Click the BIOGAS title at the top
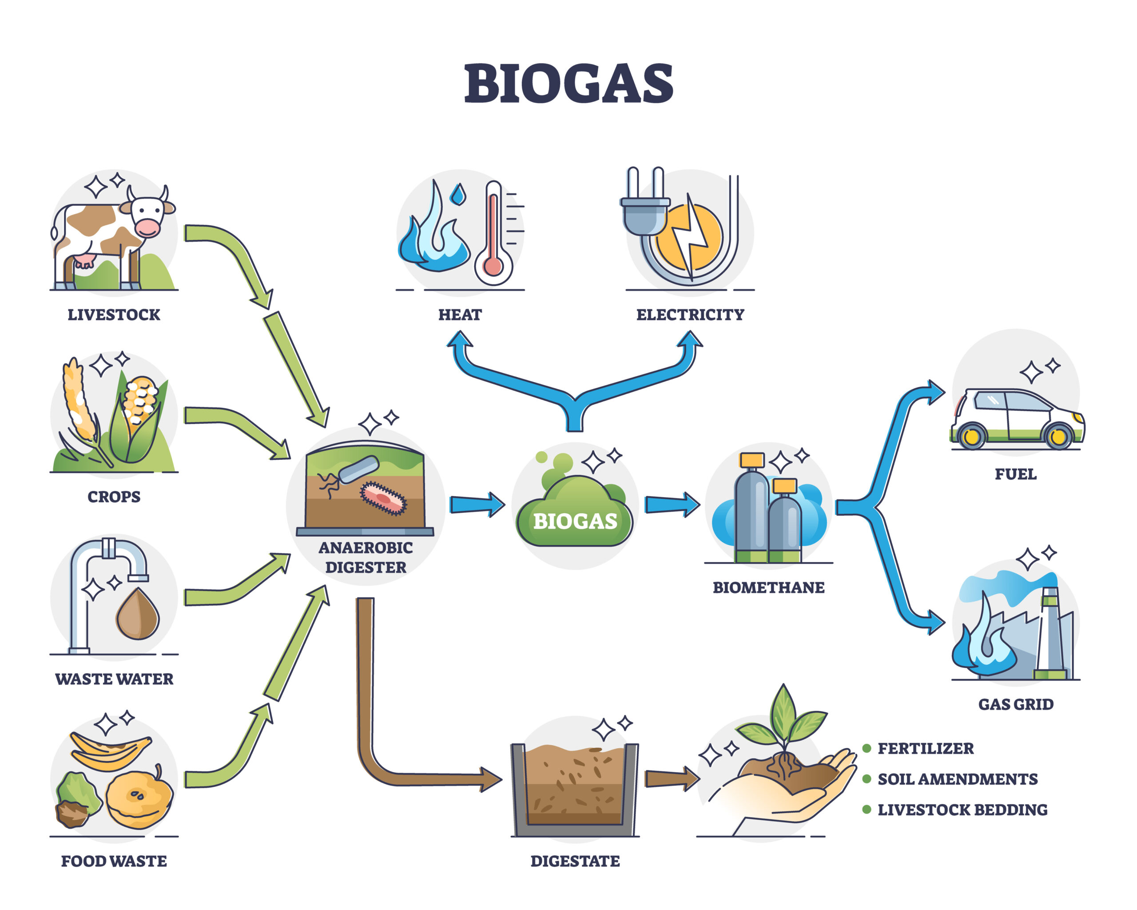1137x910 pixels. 568,84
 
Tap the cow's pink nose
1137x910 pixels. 147,228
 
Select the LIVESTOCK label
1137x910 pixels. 114,315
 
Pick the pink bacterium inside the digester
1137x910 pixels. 383,498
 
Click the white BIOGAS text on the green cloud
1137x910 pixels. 575,522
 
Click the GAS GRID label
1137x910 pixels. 1015,705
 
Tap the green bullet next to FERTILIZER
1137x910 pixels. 866,748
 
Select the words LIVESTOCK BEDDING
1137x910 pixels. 962,810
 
